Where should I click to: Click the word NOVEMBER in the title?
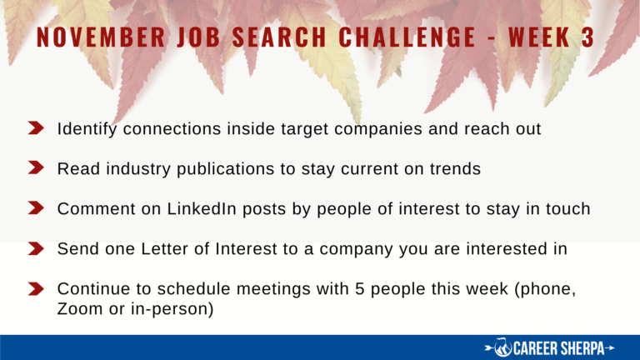click(x=101, y=37)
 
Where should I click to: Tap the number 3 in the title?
click(x=587, y=37)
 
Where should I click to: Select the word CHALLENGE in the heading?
click(x=407, y=37)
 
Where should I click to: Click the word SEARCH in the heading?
click(x=280, y=37)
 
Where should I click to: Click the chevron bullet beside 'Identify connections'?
click(x=36, y=127)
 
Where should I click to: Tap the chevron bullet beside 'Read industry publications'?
click(x=36, y=167)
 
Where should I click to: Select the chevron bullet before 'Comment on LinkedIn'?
click(x=36, y=207)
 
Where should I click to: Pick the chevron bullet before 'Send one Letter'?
click(x=36, y=248)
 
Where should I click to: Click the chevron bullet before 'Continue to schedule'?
click(x=36, y=288)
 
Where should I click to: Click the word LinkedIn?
click(x=202, y=208)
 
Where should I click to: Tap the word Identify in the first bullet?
click(x=87, y=129)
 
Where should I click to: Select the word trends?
click(x=455, y=169)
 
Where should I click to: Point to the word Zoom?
click(x=80, y=309)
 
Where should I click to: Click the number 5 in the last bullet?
click(x=359, y=289)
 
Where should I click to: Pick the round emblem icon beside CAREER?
click(x=502, y=347)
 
